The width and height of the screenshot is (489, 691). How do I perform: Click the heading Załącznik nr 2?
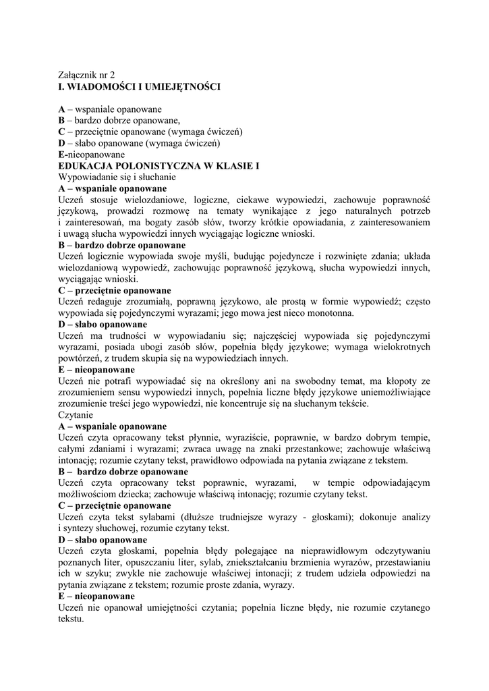point(87,76)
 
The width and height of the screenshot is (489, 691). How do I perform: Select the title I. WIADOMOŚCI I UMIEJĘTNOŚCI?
point(140,86)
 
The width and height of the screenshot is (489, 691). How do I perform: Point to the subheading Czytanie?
point(76,415)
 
